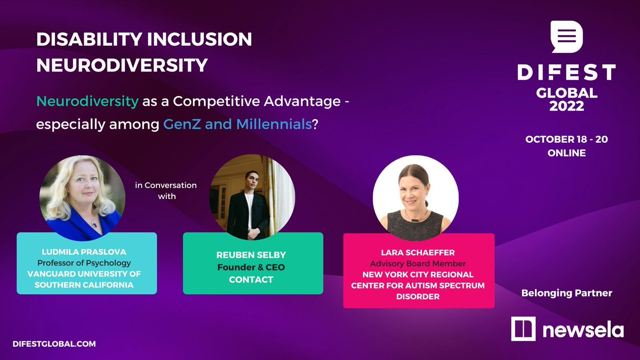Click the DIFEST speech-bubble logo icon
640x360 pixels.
(567, 37)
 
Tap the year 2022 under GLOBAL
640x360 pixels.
(567, 106)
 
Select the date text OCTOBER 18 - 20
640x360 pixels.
(566, 139)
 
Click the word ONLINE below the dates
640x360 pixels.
(566, 153)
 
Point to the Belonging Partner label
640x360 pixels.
(567, 292)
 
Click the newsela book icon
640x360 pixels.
(523, 329)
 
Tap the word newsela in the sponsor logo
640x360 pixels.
(583, 330)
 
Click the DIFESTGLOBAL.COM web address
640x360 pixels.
(56, 344)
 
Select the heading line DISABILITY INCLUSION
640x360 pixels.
(143, 39)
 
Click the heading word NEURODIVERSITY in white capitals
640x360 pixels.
(122, 65)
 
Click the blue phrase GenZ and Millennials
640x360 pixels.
(237, 125)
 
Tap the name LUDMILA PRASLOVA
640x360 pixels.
(86, 252)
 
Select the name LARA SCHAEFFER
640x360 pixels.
(418, 253)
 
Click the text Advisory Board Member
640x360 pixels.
(418, 263)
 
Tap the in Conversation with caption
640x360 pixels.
(165, 190)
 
